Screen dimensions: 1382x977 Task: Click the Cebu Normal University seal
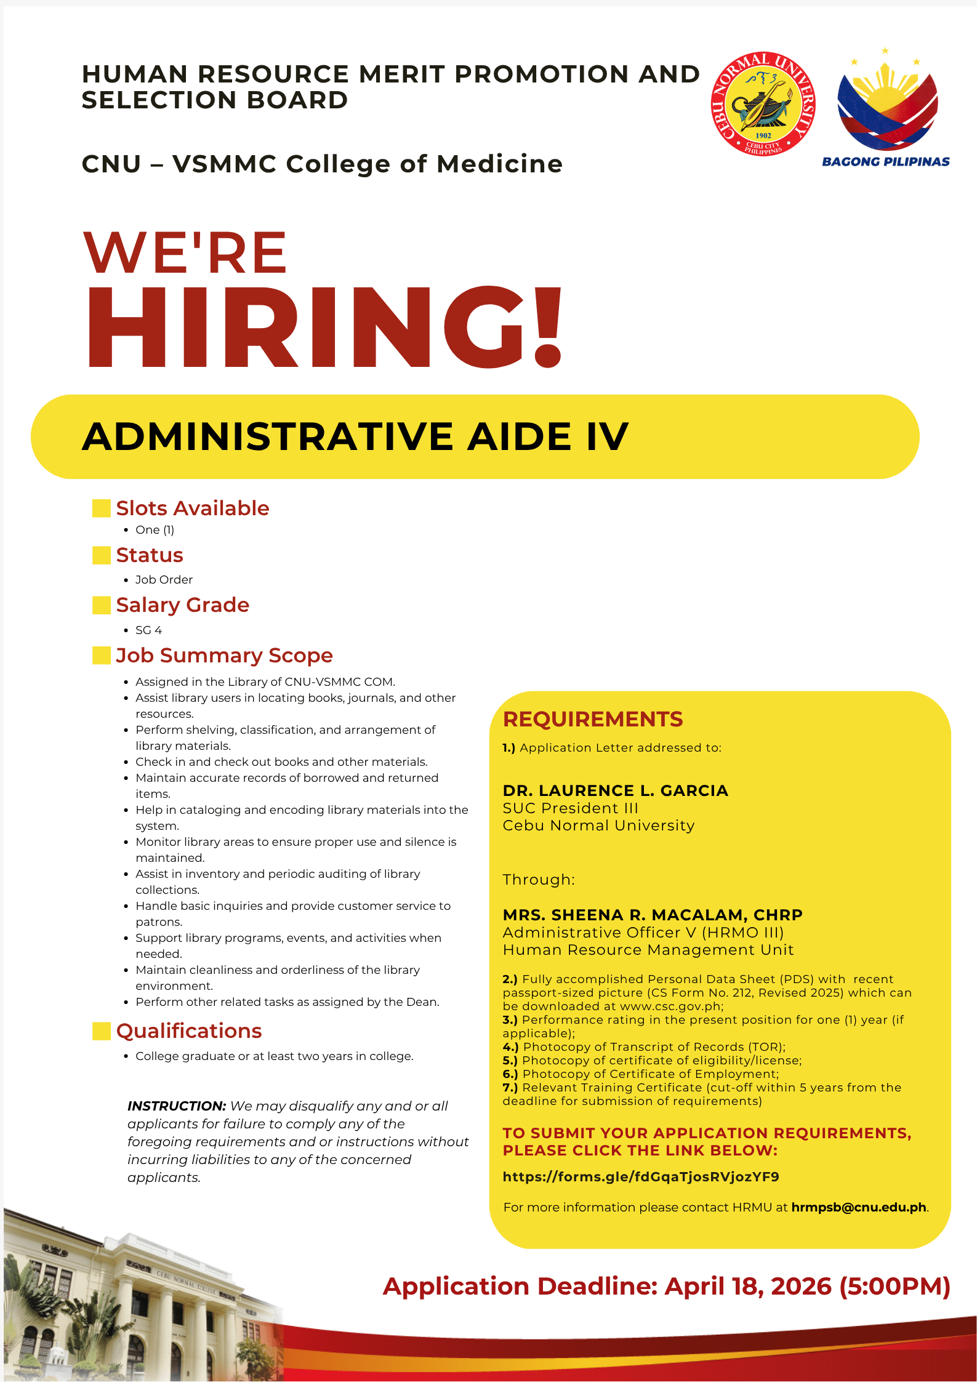763,103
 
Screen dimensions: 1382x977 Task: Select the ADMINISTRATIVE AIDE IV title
355,436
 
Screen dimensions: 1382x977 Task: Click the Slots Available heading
193,508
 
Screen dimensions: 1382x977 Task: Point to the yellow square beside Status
101,555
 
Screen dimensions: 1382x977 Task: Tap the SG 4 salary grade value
148,630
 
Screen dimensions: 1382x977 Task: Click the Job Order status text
164,580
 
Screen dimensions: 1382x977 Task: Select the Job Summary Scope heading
224,656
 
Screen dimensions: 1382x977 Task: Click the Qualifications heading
189,1031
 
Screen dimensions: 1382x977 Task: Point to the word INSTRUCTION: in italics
177,1106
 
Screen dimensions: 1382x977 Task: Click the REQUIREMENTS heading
593,719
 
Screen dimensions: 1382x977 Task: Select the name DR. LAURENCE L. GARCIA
615,791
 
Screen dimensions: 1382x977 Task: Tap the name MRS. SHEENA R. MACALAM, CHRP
653,915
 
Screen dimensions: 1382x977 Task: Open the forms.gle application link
641,1177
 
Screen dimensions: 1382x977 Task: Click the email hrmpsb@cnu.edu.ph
859,1207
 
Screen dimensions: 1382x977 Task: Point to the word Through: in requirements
539,880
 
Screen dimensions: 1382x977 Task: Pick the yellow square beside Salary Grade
101,605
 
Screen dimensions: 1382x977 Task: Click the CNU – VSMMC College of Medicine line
322,164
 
